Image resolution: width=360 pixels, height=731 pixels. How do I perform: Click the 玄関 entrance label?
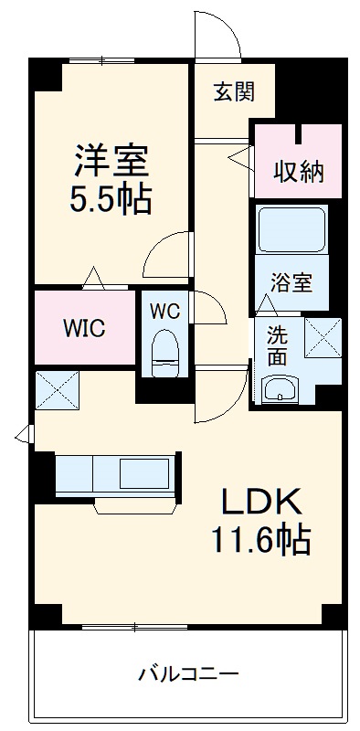pyautogui.click(x=234, y=92)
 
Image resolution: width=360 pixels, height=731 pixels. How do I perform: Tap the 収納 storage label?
pyautogui.click(x=299, y=171)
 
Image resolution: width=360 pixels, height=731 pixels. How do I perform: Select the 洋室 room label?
pyautogui.click(x=111, y=161)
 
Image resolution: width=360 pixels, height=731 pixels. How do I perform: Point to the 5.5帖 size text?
pyautogui.click(x=111, y=199)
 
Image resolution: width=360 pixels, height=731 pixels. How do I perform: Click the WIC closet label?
pyautogui.click(x=84, y=327)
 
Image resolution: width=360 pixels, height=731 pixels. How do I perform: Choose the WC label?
pyautogui.click(x=165, y=311)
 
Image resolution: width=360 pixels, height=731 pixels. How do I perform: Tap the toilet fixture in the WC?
pyautogui.click(x=164, y=354)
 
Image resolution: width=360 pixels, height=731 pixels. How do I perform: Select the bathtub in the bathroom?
pyautogui.click(x=291, y=229)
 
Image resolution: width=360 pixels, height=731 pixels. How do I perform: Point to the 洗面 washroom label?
pyautogui.click(x=277, y=344)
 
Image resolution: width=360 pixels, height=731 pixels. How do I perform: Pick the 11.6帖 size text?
pyautogui.click(x=261, y=541)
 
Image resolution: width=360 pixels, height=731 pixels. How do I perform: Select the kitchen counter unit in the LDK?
pyautogui.click(x=113, y=473)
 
